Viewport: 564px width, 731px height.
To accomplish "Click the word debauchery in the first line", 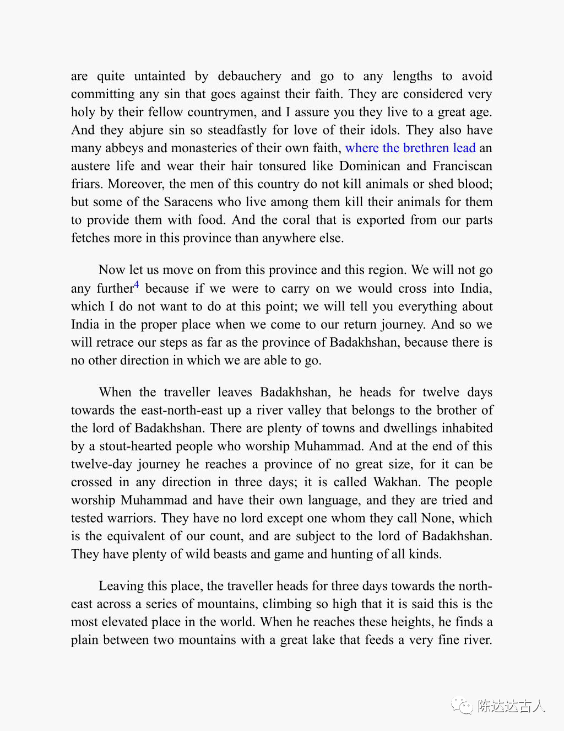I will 250,76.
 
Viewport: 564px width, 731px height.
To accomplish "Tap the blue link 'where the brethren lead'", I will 410,148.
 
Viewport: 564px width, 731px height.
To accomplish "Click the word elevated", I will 128,622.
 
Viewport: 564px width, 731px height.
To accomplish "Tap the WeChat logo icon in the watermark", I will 462,706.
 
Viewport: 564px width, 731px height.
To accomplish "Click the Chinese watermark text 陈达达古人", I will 511,706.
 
